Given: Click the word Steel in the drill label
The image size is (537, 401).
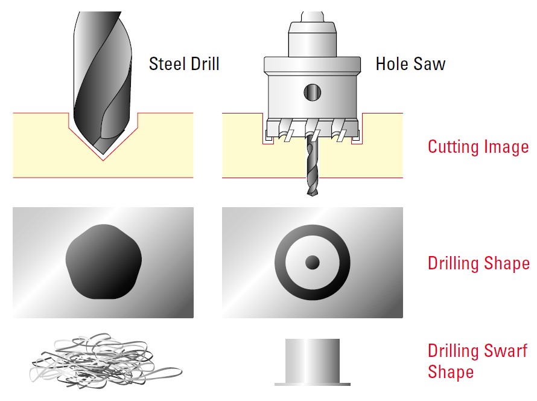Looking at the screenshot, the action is point(168,64).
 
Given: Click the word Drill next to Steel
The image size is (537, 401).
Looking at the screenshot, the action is point(205,64).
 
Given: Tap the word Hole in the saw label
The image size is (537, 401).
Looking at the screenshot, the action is point(392,64).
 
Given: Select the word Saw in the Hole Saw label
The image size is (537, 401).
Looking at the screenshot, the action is point(430,64).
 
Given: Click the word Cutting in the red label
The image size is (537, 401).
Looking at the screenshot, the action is point(450,147).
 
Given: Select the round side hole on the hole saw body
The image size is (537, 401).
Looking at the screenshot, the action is point(313,92).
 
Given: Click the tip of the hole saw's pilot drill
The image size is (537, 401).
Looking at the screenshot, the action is point(312,194).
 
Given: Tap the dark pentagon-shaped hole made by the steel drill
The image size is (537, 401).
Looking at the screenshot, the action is point(104,261).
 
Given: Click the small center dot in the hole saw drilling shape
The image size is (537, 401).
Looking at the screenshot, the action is point(313,263).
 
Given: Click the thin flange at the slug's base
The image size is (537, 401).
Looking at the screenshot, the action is point(313,384).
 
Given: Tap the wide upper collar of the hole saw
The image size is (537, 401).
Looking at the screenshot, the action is point(313,65).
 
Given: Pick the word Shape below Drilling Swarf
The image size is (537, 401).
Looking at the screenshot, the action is point(451,373).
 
